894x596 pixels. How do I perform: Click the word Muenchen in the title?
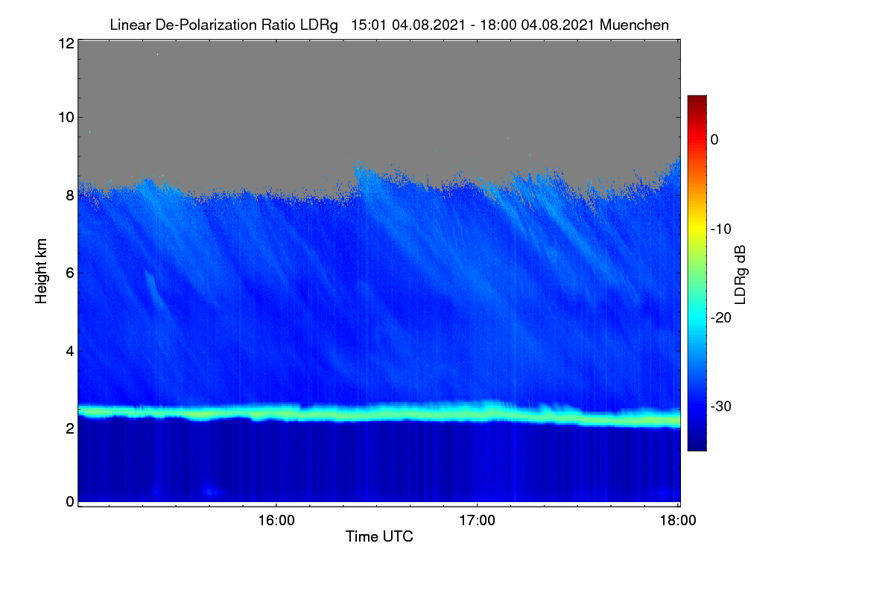(x=634, y=25)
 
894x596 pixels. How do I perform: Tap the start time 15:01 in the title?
(x=368, y=25)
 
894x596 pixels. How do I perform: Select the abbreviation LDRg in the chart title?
(x=319, y=25)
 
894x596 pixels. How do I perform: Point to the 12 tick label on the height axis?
(x=66, y=43)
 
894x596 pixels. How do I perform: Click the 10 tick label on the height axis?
(x=66, y=118)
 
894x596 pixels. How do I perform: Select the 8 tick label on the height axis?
(x=70, y=196)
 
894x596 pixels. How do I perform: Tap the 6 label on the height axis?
(x=70, y=273)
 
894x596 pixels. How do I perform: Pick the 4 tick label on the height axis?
(x=70, y=352)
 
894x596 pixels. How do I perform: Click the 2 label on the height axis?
(x=70, y=428)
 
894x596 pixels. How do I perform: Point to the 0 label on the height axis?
(x=70, y=501)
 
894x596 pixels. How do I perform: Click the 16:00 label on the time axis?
(x=276, y=520)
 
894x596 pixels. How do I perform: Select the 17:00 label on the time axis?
(x=477, y=520)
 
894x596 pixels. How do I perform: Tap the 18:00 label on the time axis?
(x=678, y=520)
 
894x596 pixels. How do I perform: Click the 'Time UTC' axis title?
(x=379, y=536)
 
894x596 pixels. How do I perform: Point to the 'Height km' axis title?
(x=41, y=271)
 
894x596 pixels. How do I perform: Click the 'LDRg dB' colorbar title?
(x=741, y=275)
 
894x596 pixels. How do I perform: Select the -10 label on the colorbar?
(x=721, y=229)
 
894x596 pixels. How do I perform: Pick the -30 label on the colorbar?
(x=721, y=406)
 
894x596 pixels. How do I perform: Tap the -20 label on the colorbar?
(x=721, y=318)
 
